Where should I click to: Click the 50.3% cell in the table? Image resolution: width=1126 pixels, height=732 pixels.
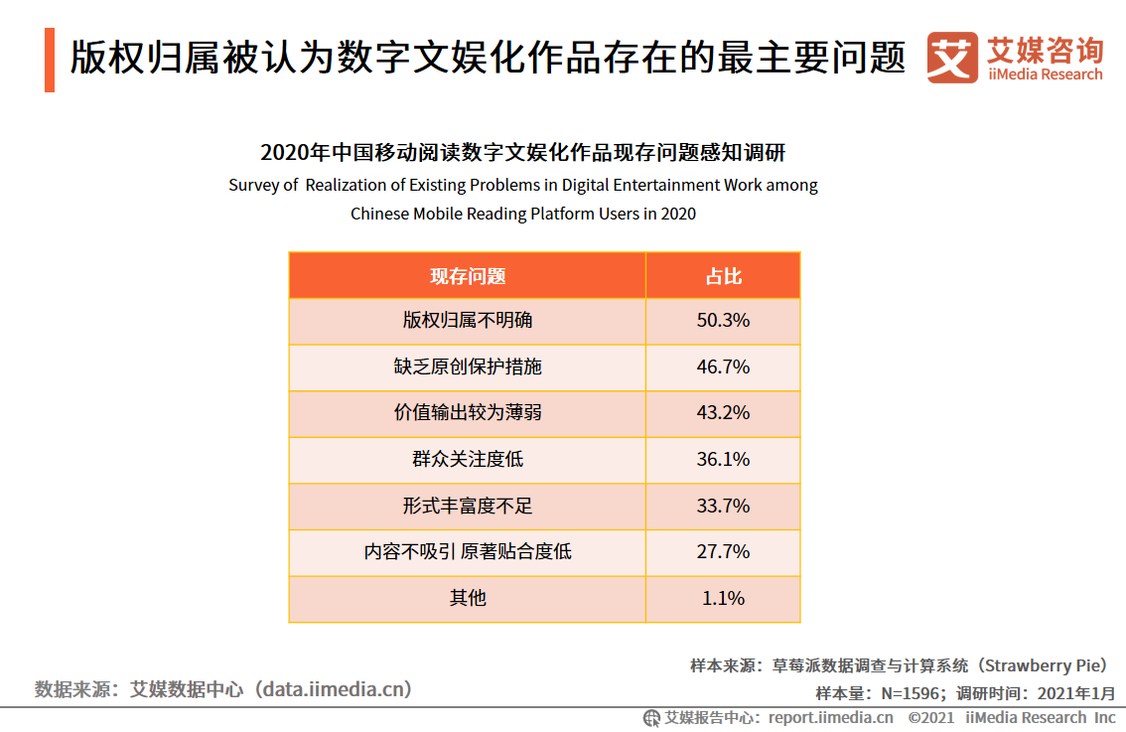tap(723, 321)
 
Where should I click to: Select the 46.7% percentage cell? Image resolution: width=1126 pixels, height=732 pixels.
tap(723, 366)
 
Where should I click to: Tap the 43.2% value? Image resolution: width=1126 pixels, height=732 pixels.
tap(723, 412)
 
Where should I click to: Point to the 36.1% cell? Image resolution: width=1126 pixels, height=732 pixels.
tap(723, 459)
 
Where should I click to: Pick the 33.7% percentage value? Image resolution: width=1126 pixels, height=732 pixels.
tap(723, 506)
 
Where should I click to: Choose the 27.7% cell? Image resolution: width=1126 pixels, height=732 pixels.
tap(723, 551)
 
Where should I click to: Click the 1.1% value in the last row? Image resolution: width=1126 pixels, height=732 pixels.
tap(723, 598)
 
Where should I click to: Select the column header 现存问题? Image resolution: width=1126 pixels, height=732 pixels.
tap(467, 276)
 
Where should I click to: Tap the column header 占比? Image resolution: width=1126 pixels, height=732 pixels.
tap(723, 276)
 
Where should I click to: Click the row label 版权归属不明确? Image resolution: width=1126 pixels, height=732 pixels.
tap(467, 321)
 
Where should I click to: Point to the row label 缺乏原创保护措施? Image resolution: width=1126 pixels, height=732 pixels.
tap(467, 366)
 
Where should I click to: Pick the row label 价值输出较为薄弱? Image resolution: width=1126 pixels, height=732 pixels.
tap(467, 412)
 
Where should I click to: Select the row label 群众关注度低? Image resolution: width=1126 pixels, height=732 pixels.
tap(467, 459)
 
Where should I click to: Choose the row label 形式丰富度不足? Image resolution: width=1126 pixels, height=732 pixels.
tap(467, 506)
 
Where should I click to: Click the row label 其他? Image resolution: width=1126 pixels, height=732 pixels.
tap(467, 598)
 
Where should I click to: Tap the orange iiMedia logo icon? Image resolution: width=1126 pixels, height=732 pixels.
tap(952, 58)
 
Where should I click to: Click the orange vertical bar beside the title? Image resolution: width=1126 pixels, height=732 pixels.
tap(50, 60)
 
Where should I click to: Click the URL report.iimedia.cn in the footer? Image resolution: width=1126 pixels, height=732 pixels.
tap(830, 717)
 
